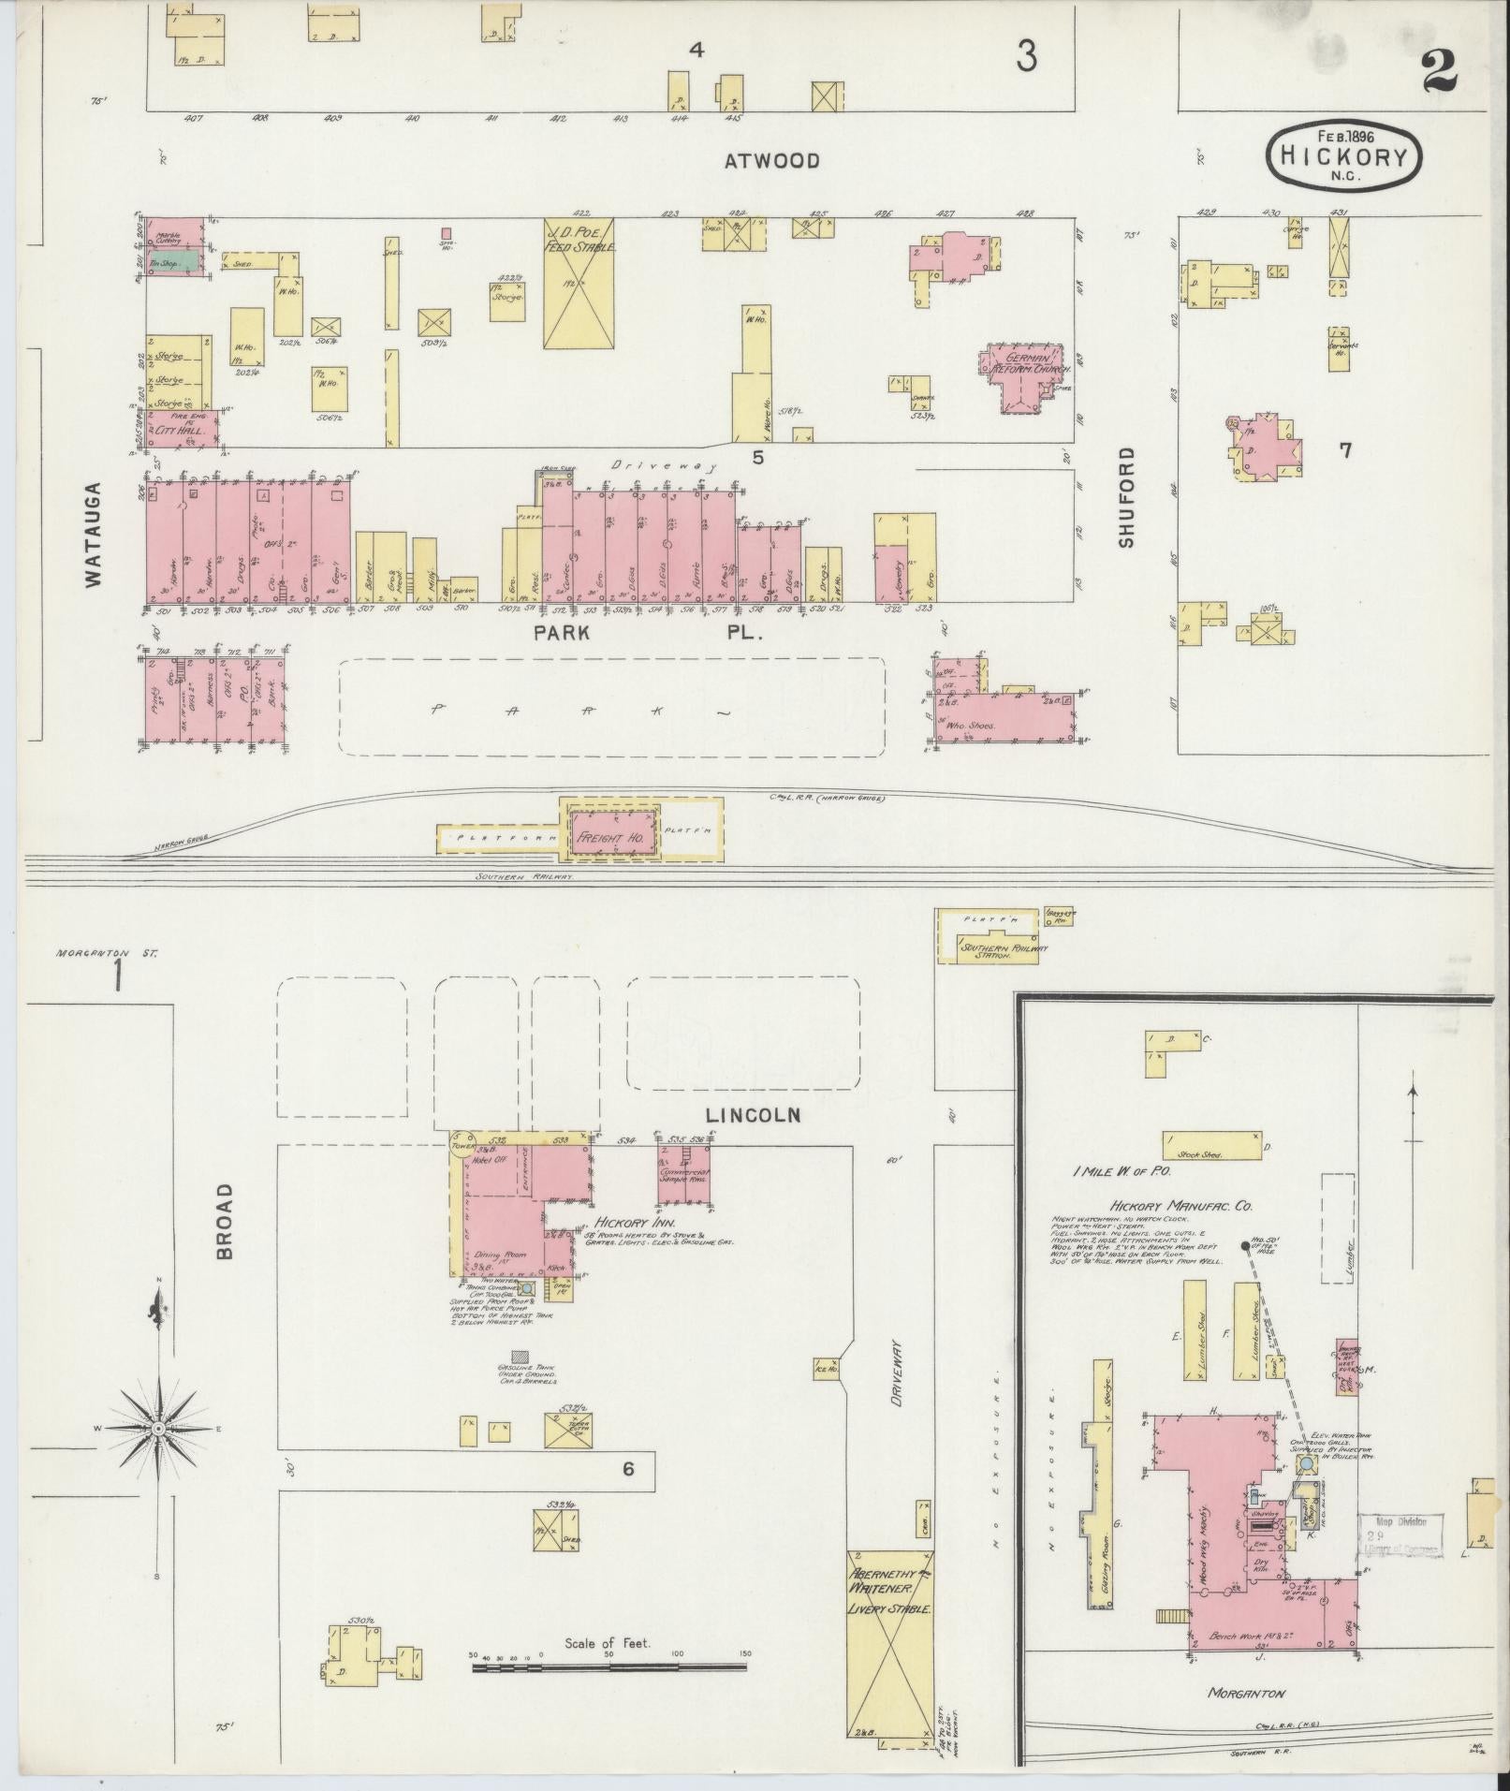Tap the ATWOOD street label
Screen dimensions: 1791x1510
click(x=772, y=161)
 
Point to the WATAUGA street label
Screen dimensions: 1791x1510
click(x=93, y=535)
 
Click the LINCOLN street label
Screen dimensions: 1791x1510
click(x=754, y=1115)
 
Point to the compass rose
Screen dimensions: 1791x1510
click(x=158, y=1430)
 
